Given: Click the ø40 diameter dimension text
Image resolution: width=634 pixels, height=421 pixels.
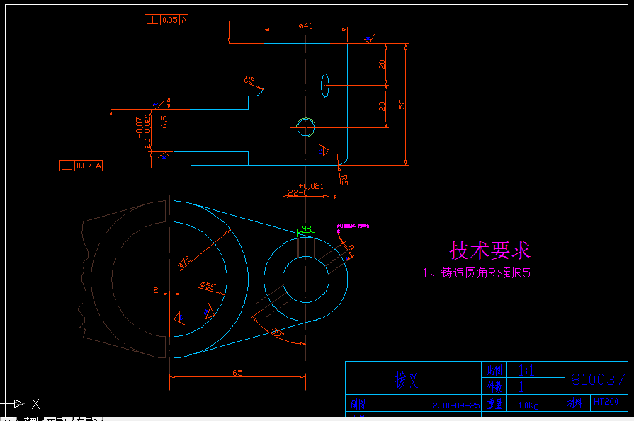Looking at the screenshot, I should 306,25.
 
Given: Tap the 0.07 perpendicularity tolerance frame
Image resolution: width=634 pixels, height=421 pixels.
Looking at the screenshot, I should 81,166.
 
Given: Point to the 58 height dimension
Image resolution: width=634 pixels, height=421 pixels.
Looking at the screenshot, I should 402,104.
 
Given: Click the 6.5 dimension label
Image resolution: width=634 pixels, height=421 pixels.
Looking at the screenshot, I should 164,122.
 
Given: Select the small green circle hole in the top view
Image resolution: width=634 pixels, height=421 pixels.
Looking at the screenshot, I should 306,127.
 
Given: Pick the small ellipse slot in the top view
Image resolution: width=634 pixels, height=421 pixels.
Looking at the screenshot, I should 324,84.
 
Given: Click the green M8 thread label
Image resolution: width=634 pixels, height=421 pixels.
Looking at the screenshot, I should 306,229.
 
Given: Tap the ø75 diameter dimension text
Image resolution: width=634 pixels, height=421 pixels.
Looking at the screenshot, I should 185,262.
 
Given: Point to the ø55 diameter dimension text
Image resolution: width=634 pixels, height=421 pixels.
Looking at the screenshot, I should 208,286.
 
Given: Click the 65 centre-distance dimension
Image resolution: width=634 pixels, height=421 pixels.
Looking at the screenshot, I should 237,372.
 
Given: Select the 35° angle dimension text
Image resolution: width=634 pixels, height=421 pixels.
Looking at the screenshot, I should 278,330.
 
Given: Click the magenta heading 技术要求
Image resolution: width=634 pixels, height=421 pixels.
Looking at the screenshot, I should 489,250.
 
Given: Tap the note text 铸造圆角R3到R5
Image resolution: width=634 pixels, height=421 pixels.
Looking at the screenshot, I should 476,273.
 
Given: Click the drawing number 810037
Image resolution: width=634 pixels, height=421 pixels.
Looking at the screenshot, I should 598,379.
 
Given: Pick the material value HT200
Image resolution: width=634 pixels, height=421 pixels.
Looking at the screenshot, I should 606,401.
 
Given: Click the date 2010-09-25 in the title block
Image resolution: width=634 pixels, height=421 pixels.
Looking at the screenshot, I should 456,405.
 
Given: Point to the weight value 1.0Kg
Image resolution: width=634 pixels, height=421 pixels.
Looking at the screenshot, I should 528,405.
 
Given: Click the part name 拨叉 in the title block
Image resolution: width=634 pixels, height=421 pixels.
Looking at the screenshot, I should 407,381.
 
